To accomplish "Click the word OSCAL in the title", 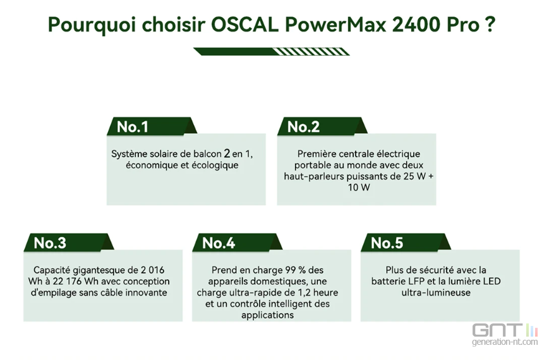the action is pyautogui.click(x=245, y=25).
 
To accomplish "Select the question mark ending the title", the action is pyautogui.click(x=490, y=25).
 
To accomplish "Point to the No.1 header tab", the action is pyautogui.click(x=152, y=126).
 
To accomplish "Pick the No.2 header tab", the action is pyautogui.click(x=322, y=126).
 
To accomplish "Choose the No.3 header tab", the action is pyautogui.click(x=69, y=243).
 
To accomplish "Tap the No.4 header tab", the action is pyautogui.click(x=237, y=243).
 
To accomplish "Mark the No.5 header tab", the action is pyautogui.click(x=406, y=243).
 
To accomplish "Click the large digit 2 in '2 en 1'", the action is pyautogui.click(x=227, y=153).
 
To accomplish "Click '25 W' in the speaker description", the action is pyautogui.click(x=414, y=176).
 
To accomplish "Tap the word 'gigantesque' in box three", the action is pyautogui.click(x=99, y=270).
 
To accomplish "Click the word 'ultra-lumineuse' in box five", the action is pyautogui.click(x=436, y=292).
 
